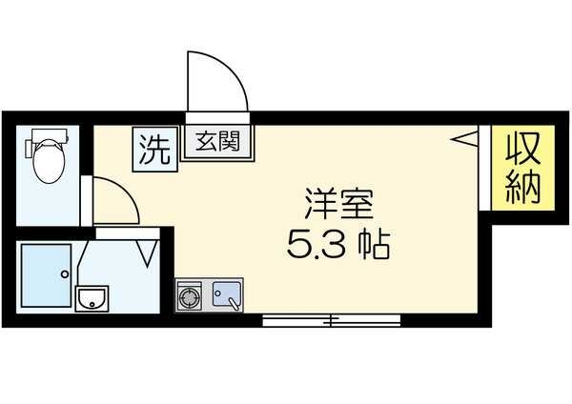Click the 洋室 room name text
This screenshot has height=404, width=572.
(338, 204)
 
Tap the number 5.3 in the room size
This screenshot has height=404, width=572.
(316, 248)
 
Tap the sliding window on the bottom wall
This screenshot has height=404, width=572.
(330, 318)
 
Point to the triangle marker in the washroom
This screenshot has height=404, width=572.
(148, 252)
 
